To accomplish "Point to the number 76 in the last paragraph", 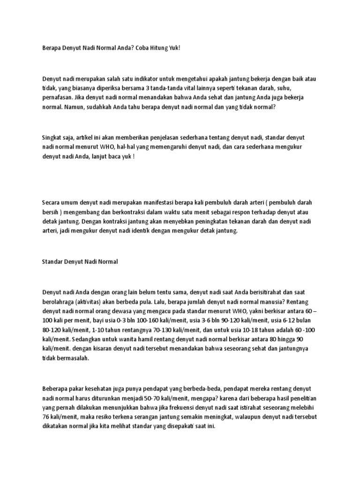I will pyautogui.click(x=46, y=418).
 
